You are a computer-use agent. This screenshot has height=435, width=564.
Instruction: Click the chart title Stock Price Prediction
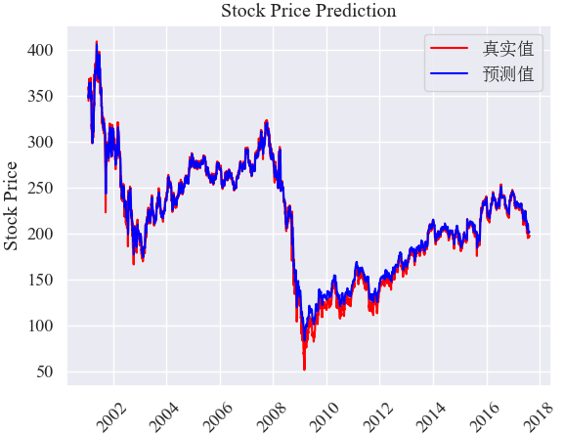coord(309,11)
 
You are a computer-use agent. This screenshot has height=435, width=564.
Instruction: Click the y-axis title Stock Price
coord(11,206)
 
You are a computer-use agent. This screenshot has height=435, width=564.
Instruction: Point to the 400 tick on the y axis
coord(40,50)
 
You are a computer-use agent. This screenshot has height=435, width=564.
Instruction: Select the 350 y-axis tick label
coord(40,96)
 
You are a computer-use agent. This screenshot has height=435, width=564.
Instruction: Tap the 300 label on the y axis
coord(40,142)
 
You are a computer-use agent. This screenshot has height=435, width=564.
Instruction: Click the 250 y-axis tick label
coord(40,188)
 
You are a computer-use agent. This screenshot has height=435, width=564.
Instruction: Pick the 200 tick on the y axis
coord(40,234)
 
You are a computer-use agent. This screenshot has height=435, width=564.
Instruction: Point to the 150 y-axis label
coord(40,280)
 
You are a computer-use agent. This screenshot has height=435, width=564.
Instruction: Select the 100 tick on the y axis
coord(40,326)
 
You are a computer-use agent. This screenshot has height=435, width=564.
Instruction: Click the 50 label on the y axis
coord(45,371)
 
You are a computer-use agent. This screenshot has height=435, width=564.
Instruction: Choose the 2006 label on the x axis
coord(219,417)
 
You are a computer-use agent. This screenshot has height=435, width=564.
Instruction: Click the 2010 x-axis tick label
coord(325,417)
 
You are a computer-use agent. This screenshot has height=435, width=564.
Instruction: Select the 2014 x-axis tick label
coord(431,417)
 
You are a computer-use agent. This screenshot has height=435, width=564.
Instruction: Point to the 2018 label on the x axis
coord(539,417)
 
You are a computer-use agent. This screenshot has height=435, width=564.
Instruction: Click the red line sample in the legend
coord(449,48)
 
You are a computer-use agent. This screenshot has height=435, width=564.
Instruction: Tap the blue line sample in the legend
coord(449,73)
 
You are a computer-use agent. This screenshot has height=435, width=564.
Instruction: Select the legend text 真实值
coord(508,49)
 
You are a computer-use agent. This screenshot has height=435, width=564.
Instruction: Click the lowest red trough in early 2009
coord(304,369)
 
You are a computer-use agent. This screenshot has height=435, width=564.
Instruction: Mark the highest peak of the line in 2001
coord(97,42)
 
